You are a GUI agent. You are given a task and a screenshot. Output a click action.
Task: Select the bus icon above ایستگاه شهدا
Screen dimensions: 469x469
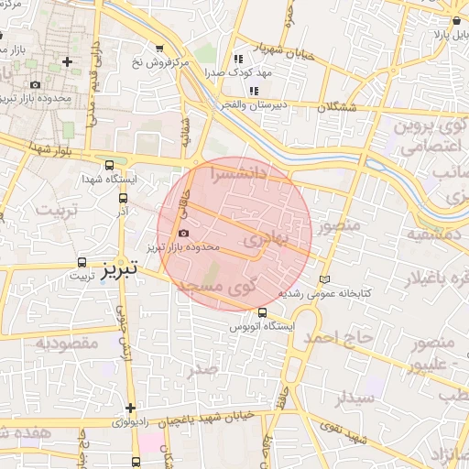click(110, 166)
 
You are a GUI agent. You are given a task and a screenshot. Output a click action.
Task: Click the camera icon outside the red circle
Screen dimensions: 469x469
click(35, 85)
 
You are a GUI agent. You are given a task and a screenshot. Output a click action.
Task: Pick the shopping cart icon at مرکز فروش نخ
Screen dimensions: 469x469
click(160, 49)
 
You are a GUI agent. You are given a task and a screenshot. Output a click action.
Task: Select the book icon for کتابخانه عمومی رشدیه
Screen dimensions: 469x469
click(322, 279)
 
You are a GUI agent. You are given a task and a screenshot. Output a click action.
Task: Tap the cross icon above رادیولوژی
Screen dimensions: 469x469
click(130, 408)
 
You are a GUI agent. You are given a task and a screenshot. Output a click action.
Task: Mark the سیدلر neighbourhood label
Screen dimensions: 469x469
click(354, 398)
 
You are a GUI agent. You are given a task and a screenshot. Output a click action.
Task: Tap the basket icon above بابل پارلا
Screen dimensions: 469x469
click(456, 20)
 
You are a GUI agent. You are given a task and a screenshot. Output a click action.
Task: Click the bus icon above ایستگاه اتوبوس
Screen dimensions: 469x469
click(264, 312)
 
